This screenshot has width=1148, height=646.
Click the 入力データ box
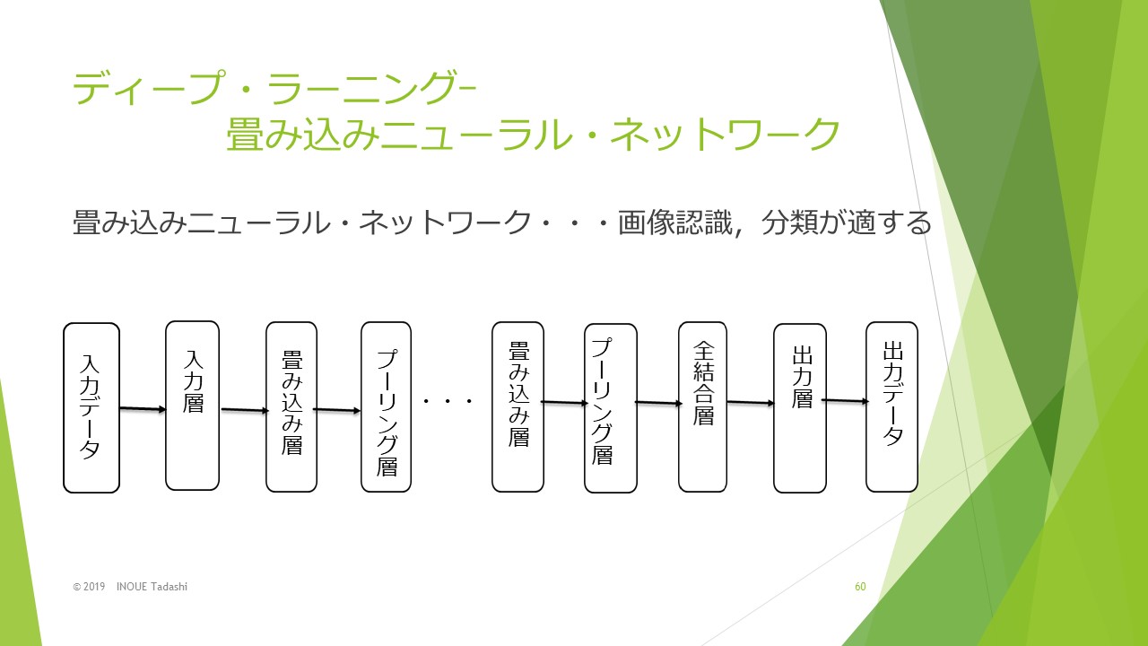(91, 407)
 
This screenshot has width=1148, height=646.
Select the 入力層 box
(192, 406)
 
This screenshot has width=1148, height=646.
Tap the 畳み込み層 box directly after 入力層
(291, 406)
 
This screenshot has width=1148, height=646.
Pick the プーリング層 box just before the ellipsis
(386, 406)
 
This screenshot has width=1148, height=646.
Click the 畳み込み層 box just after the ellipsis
(517, 406)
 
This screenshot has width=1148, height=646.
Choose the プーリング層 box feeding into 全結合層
(611, 408)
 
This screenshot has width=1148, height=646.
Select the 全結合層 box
(702, 406)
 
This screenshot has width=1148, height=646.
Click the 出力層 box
(799, 408)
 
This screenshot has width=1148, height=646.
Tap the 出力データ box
(891, 406)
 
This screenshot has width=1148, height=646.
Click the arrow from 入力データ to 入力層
(143, 408)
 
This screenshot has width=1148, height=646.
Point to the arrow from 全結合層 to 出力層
(751, 403)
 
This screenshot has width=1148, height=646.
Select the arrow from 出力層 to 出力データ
(846, 400)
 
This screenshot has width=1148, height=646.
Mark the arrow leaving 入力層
(245, 410)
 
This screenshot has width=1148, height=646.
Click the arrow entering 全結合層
(658, 403)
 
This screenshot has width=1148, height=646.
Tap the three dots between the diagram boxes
(448, 401)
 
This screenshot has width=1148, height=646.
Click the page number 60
(860, 587)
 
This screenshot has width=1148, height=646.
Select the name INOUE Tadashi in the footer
(152, 587)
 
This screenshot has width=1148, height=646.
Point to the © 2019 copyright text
(89, 587)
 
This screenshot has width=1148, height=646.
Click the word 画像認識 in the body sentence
(675, 223)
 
